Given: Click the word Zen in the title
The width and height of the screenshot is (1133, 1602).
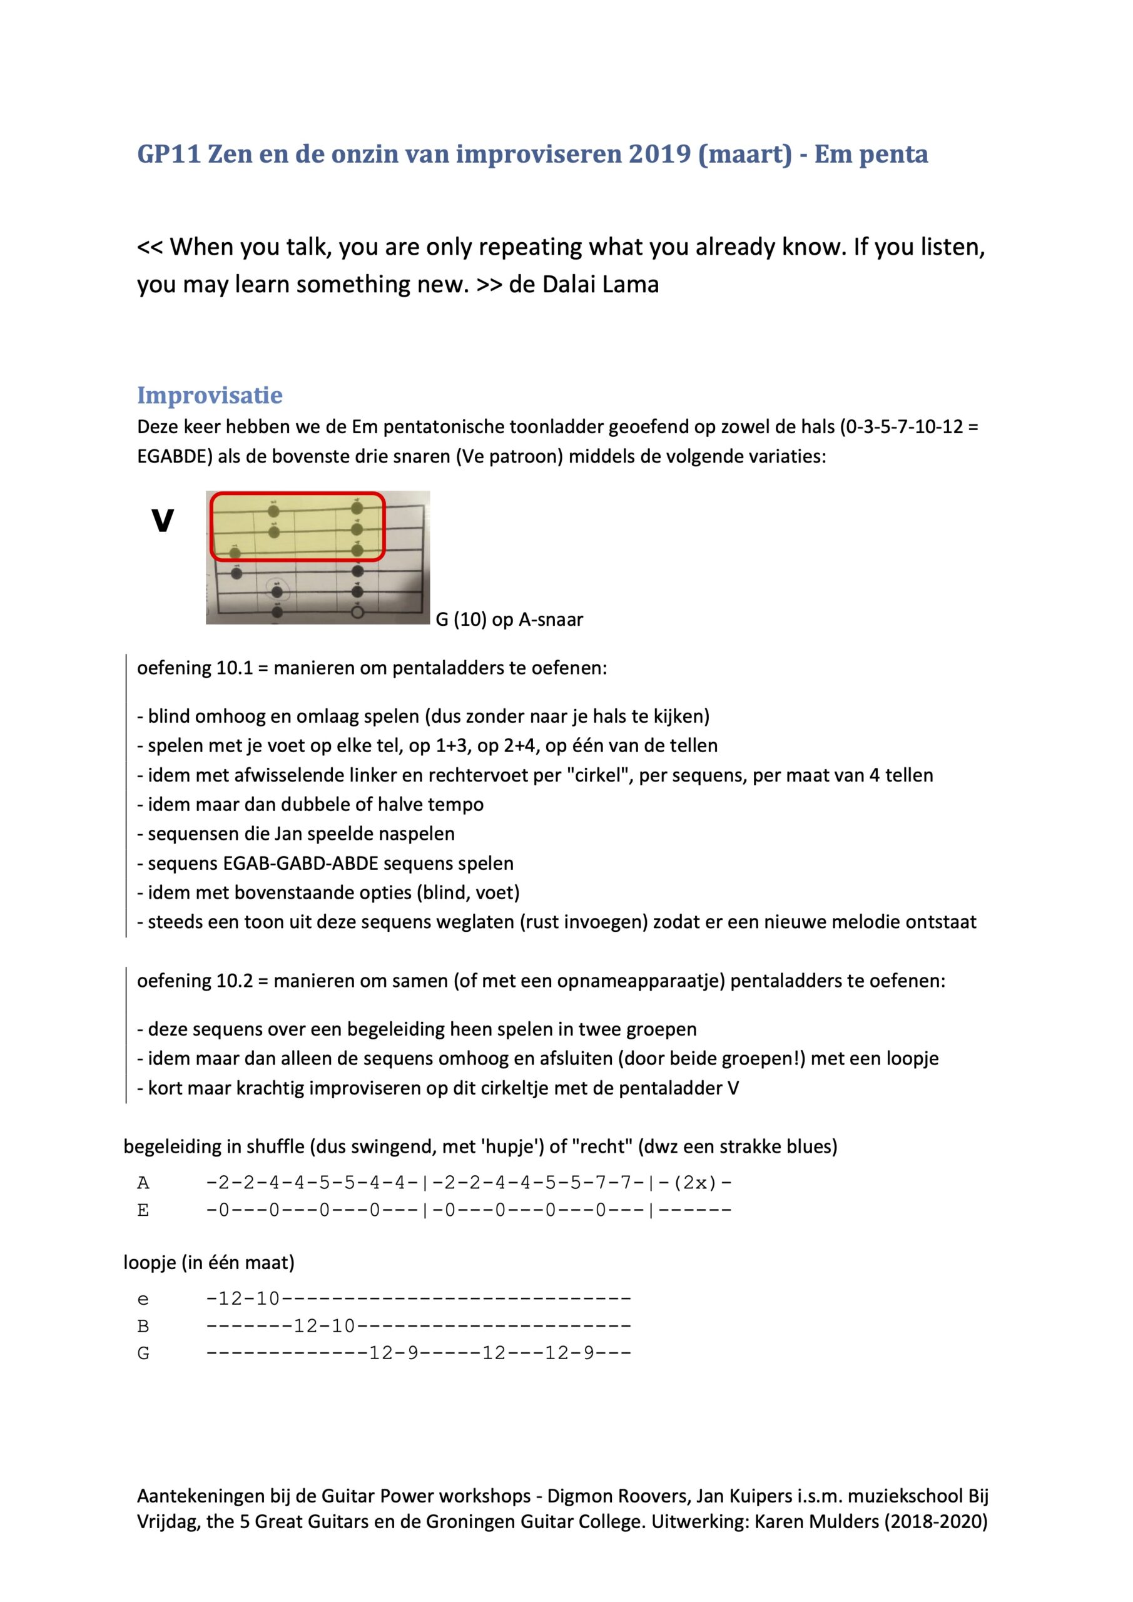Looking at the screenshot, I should (x=230, y=154).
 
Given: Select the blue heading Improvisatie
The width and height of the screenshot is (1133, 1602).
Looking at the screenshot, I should (x=210, y=395).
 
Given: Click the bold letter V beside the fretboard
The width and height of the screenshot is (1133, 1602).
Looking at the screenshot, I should (x=163, y=521).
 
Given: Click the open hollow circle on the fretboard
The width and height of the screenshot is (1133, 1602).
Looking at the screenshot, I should (x=358, y=613).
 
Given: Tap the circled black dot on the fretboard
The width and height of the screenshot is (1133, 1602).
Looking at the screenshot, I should (x=278, y=593).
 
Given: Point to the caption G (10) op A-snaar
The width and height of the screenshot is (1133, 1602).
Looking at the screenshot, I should (x=509, y=620).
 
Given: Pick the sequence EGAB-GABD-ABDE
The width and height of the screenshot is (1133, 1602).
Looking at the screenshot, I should (x=300, y=863).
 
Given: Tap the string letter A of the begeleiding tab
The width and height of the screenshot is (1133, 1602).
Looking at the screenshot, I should (x=143, y=1183).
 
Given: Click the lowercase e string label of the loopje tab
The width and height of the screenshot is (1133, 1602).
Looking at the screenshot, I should (x=143, y=1299).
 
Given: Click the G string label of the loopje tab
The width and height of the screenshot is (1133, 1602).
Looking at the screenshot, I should (x=143, y=1354).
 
